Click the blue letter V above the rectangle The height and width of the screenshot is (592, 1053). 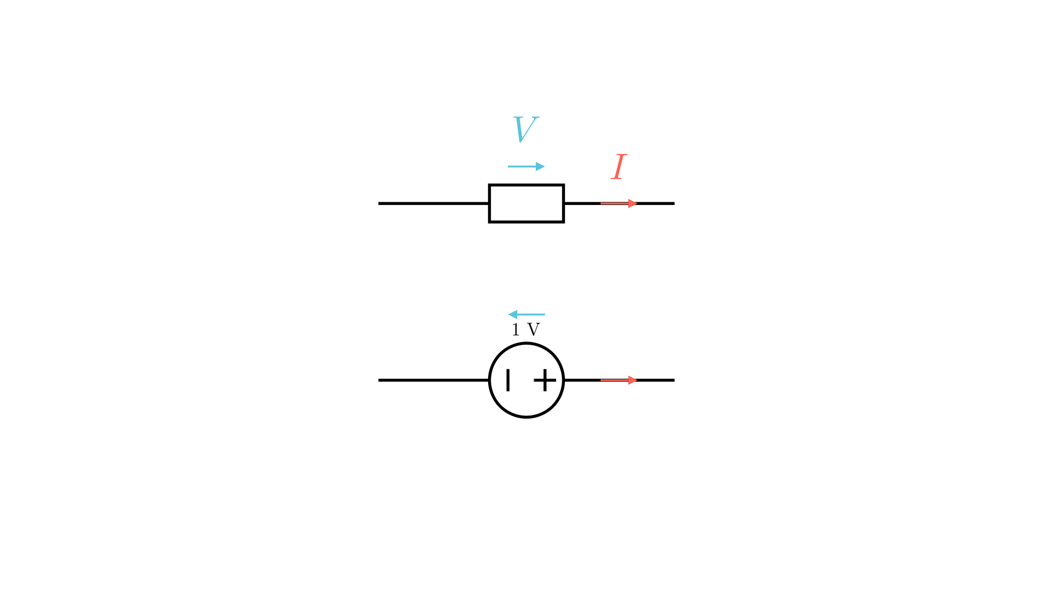coord(525,129)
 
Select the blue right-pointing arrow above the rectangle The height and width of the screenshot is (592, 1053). coord(526,167)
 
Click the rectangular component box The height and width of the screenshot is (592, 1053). coord(526,185)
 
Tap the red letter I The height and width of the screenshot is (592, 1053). coord(619,167)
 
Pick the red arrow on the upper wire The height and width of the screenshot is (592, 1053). coord(619,203)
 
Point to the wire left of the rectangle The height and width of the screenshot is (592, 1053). coord(434,203)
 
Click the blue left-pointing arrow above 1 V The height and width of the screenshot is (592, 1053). coord(526,315)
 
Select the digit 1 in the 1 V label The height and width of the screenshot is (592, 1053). coord(516,330)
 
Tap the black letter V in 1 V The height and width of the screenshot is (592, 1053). coord(534,330)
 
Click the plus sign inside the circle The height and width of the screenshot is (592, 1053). coord(545,380)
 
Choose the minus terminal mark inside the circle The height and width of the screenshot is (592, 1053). coord(508,380)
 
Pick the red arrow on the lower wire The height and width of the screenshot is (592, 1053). coord(619,380)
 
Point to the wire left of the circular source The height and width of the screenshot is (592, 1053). coord(434,380)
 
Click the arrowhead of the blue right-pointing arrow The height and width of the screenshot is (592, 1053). coord(540,167)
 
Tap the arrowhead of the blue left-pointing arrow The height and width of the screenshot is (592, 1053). coord(513,315)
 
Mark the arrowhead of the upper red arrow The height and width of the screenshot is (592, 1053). coord(633,203)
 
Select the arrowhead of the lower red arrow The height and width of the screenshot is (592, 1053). coord(633,380)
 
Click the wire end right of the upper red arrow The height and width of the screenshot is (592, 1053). coord(674,203)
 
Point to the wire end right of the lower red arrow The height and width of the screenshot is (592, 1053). coord(674,380)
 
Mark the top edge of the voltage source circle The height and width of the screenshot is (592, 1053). coord(526,343)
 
